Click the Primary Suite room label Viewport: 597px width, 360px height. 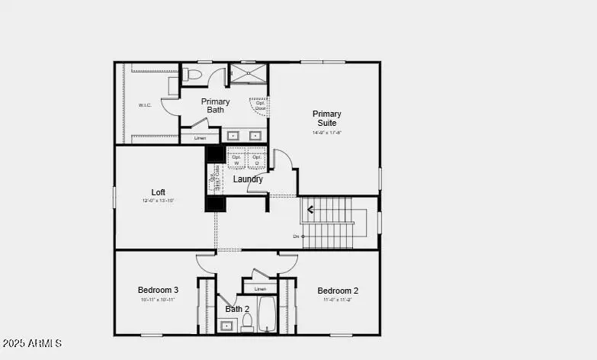(x=326, y=118)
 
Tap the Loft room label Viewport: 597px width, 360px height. (x=158, y=192)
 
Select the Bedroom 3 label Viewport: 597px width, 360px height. (x=158, y=290)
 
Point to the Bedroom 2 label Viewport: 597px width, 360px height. (x=338, y=291)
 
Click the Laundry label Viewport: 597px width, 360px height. (x=248, y=179)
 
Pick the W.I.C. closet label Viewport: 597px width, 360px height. (x=145, y=104)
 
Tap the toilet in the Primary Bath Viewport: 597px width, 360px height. (x=193, y=75)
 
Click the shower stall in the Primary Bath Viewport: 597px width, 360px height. (x=249, y=73)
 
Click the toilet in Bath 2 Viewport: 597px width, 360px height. (x=246, y=323)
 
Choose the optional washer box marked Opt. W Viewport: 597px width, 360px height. (x=236, y=160)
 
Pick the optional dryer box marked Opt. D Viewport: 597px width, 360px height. (x=257, y=160)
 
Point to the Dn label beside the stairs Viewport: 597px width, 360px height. (x=296, y=236)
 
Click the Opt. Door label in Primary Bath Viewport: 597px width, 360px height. (x=259, y=105)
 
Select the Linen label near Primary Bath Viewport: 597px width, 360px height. (x=200, y=138)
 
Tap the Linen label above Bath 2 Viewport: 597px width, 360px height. (x=261, y=289)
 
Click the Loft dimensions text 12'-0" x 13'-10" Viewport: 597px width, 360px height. (x=158, y=201)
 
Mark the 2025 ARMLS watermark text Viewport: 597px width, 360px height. (x=32, y=344)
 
